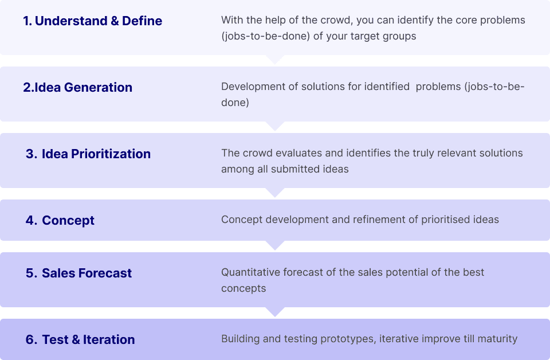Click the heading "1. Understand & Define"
(x=93, y=21)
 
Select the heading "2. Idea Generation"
(x=78, y=88)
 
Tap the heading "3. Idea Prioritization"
(x=88, y=154)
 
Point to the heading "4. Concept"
(x=60, y=221)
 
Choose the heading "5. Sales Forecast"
(x=78, y=273)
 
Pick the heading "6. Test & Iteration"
(x=80, y=340)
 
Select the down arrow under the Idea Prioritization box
(x=276, y=193)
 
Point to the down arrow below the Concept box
(x=276, y=245)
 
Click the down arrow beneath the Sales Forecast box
(x=276, y=312)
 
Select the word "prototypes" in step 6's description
(x=348, y=339)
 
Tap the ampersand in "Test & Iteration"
(x=76, y=340)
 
